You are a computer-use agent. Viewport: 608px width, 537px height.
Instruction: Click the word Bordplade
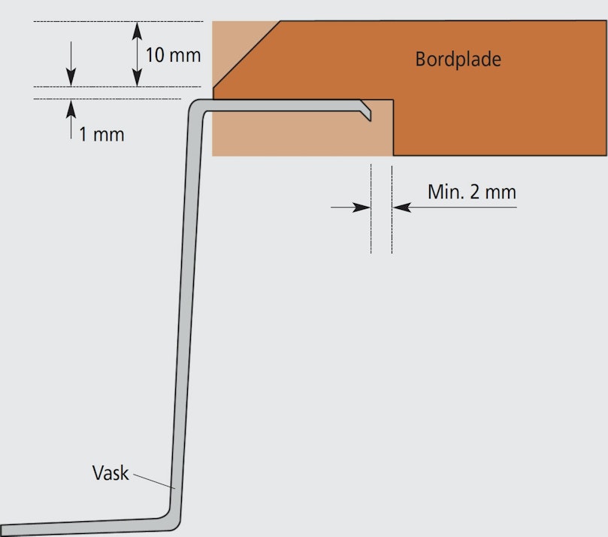458,59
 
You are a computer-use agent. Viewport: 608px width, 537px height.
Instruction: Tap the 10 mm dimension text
173,55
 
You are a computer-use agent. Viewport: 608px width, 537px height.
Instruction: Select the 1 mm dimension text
101,135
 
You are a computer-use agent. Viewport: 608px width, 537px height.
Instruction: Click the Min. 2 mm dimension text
472,192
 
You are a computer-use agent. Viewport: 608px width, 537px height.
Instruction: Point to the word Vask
110,473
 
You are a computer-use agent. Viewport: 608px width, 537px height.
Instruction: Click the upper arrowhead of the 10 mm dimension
137,31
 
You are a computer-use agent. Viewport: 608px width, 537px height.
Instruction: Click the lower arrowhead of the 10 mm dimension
137,77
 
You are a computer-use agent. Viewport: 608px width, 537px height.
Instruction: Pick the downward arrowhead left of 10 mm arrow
71,77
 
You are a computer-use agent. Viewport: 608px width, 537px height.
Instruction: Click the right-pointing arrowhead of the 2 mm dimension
361,208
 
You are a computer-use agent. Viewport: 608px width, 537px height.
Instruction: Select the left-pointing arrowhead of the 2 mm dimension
402,208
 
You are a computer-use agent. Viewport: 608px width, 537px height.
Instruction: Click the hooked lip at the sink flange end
366,111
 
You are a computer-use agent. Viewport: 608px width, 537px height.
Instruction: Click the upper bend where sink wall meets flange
196,107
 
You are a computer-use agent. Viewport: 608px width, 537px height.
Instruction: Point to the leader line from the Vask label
154,481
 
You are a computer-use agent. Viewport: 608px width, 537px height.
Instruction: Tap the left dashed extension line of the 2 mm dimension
371,209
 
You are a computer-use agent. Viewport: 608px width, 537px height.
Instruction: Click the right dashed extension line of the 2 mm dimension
392,209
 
